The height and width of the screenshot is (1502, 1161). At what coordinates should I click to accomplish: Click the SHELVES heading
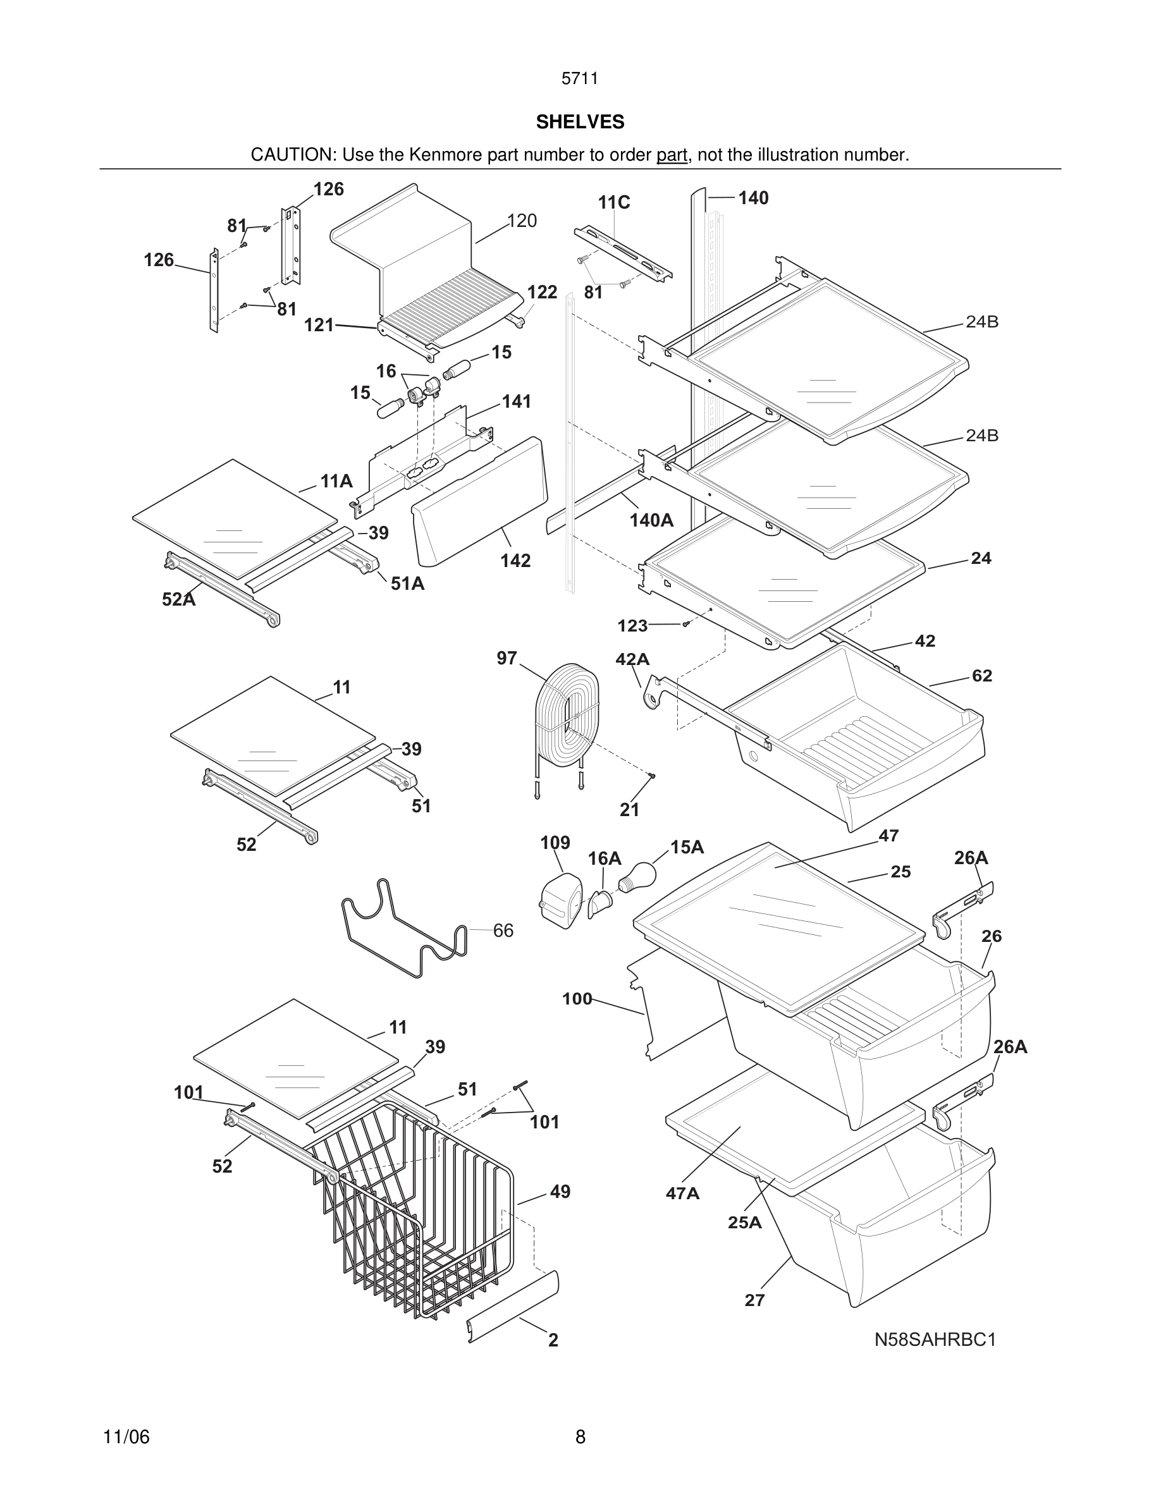pos(580,122)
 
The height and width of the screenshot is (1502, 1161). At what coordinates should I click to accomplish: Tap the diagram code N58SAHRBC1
pos(935,1339)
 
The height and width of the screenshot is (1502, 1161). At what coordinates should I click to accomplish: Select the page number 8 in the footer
pos(580,1437)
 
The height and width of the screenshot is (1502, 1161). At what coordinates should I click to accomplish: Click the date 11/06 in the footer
pos(126,1437)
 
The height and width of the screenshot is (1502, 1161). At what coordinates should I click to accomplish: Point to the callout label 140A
pos(651,521)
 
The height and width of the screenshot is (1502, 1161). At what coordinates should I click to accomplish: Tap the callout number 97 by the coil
pos(507,658)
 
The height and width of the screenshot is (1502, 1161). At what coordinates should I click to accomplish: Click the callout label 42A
pos(632,659)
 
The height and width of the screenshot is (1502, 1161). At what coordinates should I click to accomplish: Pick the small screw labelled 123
pos(685,624)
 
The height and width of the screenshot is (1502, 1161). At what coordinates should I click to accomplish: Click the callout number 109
pos(555,843)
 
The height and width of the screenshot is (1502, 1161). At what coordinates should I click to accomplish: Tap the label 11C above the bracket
pos(613,202)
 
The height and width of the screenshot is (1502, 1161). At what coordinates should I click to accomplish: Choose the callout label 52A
pos(179,600)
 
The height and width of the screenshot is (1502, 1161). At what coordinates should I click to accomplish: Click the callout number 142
pos(515,561)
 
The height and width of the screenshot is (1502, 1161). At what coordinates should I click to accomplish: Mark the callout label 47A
pos(682,1194)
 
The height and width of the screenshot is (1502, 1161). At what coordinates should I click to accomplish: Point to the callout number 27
pos(754,1300)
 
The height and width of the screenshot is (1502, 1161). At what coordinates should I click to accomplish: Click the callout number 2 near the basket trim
pos(553,1340)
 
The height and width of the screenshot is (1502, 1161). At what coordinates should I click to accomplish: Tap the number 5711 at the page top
pos(580,78)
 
